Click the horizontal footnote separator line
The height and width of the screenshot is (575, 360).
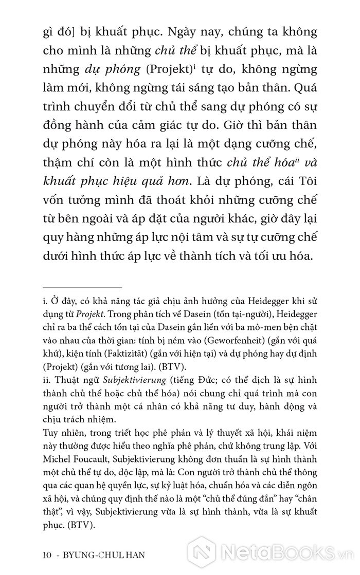[82, 288]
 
